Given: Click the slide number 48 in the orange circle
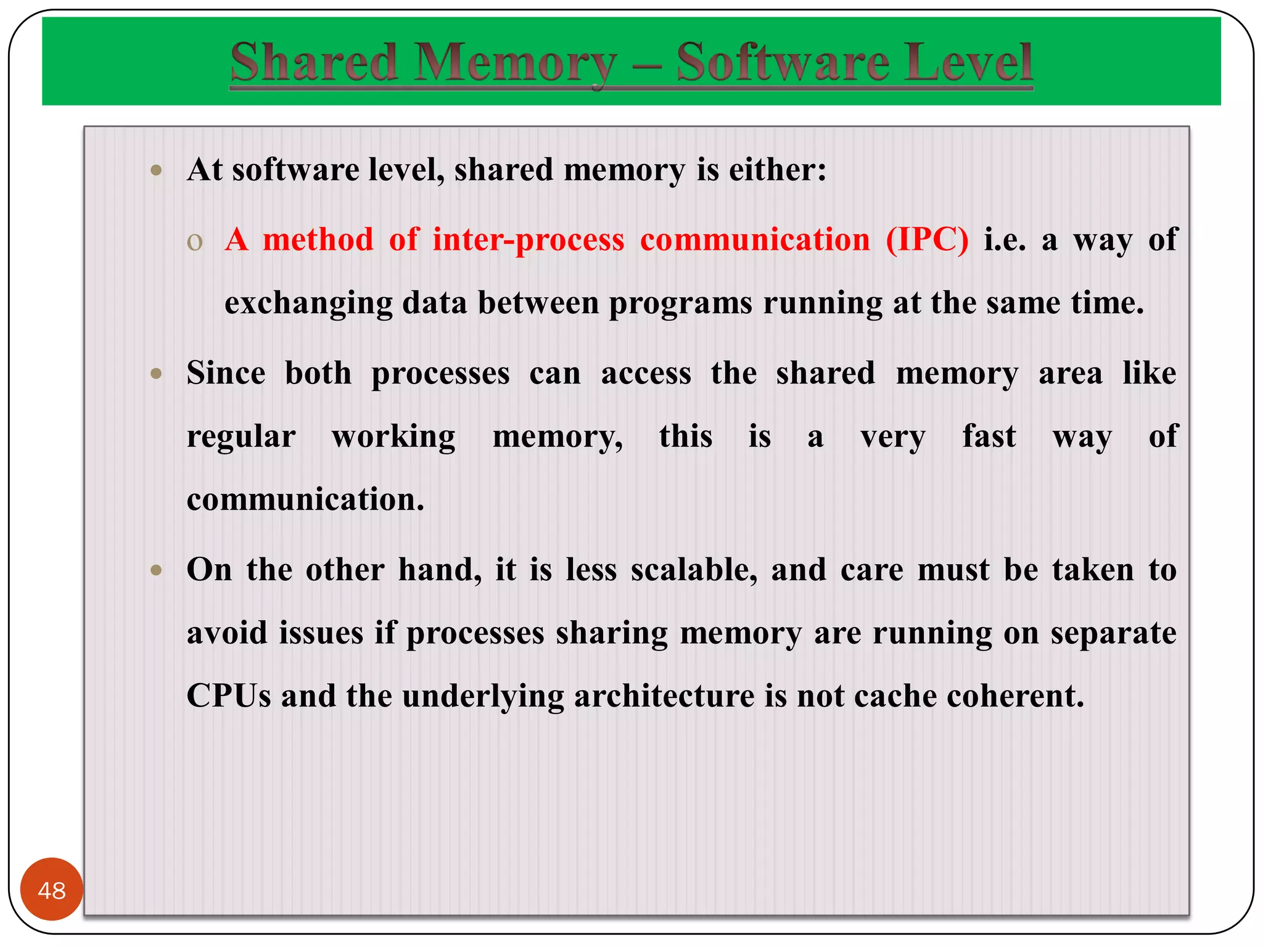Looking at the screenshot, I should [x=52, y=890].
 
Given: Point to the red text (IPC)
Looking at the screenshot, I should [x=927, y=239].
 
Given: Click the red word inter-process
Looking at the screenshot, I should [x=528, y=239].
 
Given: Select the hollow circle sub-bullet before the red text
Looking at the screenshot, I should [x=195, y=242].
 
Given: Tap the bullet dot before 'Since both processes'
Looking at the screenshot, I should [x=157, y=374].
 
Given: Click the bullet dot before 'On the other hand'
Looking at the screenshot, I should [x=157, y=570].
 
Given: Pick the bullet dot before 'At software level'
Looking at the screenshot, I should [x=157, y=170].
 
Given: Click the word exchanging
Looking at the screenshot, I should [x=308, y=303].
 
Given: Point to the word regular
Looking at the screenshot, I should [x=241, y=437].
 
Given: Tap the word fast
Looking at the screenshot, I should [x=989, y=437].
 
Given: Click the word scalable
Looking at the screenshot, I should [x=694, y=570].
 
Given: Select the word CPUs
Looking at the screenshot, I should [x=229, y=696].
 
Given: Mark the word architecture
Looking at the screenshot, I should [x=664, y=696].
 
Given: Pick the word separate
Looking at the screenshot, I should [x=1113, y=633].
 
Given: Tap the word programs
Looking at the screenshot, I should [x=680, y=303].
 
